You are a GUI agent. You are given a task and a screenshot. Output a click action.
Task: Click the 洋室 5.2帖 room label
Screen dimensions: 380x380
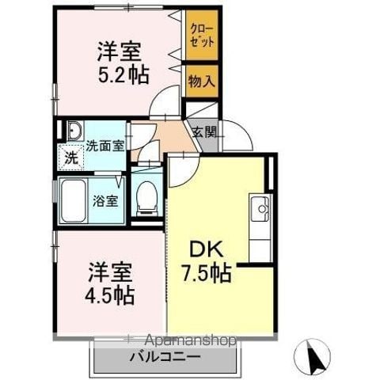click(123, 63)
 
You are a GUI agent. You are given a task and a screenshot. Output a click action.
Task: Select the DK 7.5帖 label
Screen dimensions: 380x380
click(207, 261)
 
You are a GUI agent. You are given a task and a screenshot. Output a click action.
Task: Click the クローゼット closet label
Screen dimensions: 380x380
click(202, 36)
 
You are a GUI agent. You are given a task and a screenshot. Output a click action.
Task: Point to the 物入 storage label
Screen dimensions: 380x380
click(202, 81)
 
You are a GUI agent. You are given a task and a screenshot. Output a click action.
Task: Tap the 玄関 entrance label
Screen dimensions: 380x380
click(205, 132)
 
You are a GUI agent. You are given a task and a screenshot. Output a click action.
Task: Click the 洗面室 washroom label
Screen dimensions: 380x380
click(105, 146)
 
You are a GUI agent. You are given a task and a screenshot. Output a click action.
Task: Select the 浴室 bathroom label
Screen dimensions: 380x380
click(105, 201)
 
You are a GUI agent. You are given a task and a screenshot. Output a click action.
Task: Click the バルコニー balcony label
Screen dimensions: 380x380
click(165, 358)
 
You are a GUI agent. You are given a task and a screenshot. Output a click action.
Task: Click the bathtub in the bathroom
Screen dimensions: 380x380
click(73, 201)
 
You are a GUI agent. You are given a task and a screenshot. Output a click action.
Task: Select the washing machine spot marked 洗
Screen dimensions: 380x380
click(71, 158)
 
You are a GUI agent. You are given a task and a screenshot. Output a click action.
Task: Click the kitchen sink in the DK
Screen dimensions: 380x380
click(260, 209)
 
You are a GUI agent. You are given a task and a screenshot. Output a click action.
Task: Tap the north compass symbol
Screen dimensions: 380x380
click(312, 356)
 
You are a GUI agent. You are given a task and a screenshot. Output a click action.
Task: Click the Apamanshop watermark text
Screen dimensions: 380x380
click(191, 340)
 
